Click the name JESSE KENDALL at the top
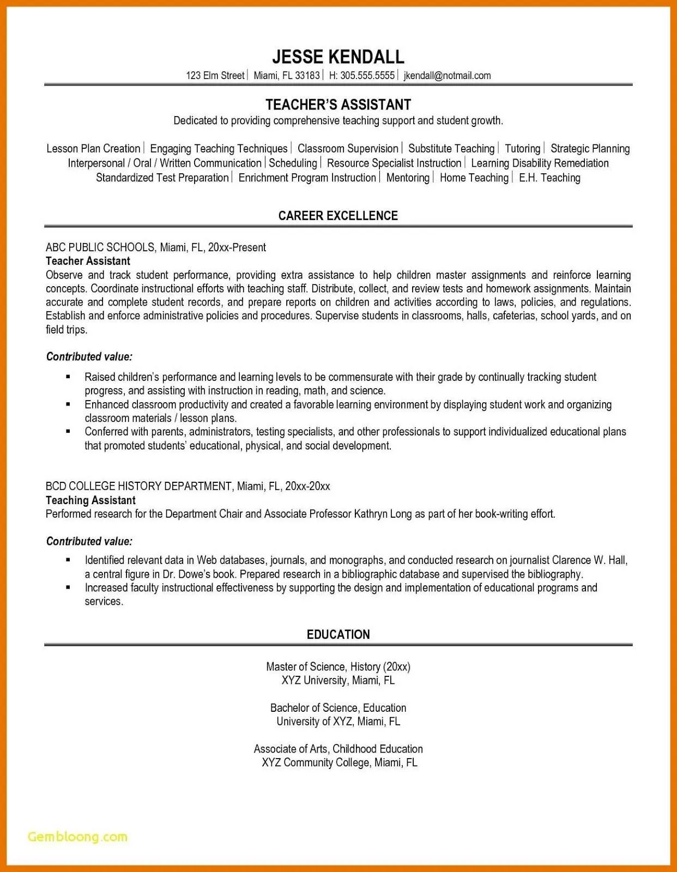(x=338, y=57)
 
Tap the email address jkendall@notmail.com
(x=447, y=76)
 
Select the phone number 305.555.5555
(x=367, y=76)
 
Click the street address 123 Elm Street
(x=215, y=76)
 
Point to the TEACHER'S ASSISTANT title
(x=338, y=105)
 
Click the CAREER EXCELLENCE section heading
(x=338, y=216)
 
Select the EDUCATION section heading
(x=338, y=634)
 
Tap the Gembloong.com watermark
(x=77, y=837)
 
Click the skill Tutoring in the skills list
(x=522, y=149)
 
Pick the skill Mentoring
(x=408, y=178)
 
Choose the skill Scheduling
(x=293, y=163)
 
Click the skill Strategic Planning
(x=590, y=149)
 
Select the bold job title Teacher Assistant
(x=88, y=261)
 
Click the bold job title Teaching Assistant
(x=90, y=500)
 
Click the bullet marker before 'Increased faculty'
(x=68, y=588)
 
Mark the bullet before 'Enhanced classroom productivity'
(x=68, y=404)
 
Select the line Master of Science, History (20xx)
(x=338, y=667)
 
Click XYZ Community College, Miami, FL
(x=339, y=762)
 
